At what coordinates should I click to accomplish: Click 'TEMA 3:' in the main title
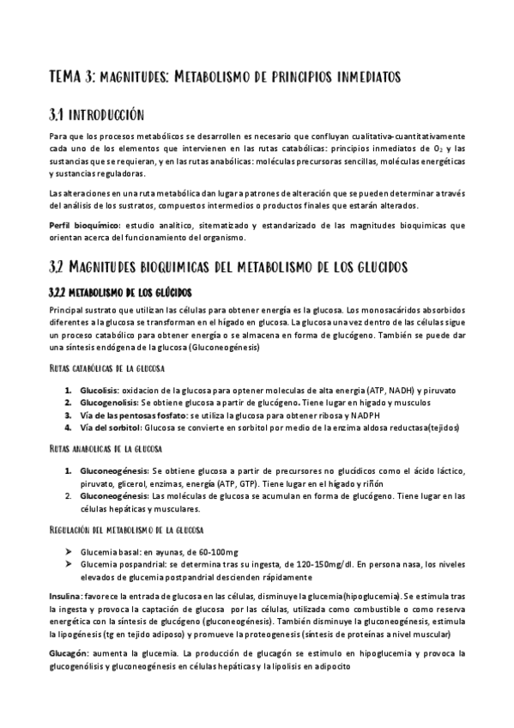click(x=72, y=78)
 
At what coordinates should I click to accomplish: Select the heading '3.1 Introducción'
click(x=96, y=115)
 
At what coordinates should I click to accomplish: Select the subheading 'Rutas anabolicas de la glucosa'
click(x=107, y=449)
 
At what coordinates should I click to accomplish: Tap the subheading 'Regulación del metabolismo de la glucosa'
click(x=126, y=530)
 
